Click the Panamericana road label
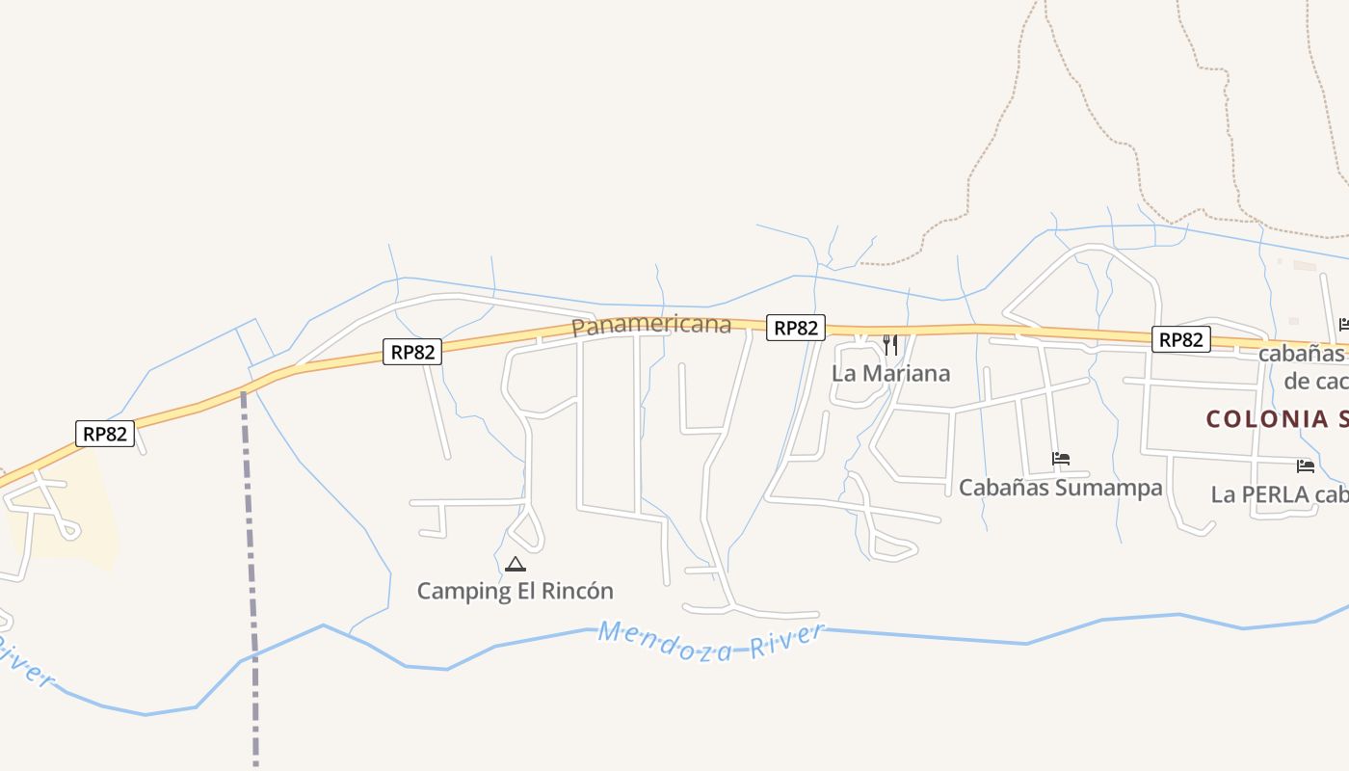651,325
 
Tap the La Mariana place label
890,374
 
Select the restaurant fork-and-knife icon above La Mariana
890,345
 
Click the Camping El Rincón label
515,591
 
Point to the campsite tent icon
516,564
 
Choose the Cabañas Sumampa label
1060,488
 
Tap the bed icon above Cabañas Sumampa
1061,459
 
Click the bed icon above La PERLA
1306,466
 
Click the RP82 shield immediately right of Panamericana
796,328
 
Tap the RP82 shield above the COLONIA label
1181,339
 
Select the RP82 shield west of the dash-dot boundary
105,434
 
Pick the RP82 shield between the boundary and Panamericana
412,352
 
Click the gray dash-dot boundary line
251,578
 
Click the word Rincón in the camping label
576,591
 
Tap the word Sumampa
1109,488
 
